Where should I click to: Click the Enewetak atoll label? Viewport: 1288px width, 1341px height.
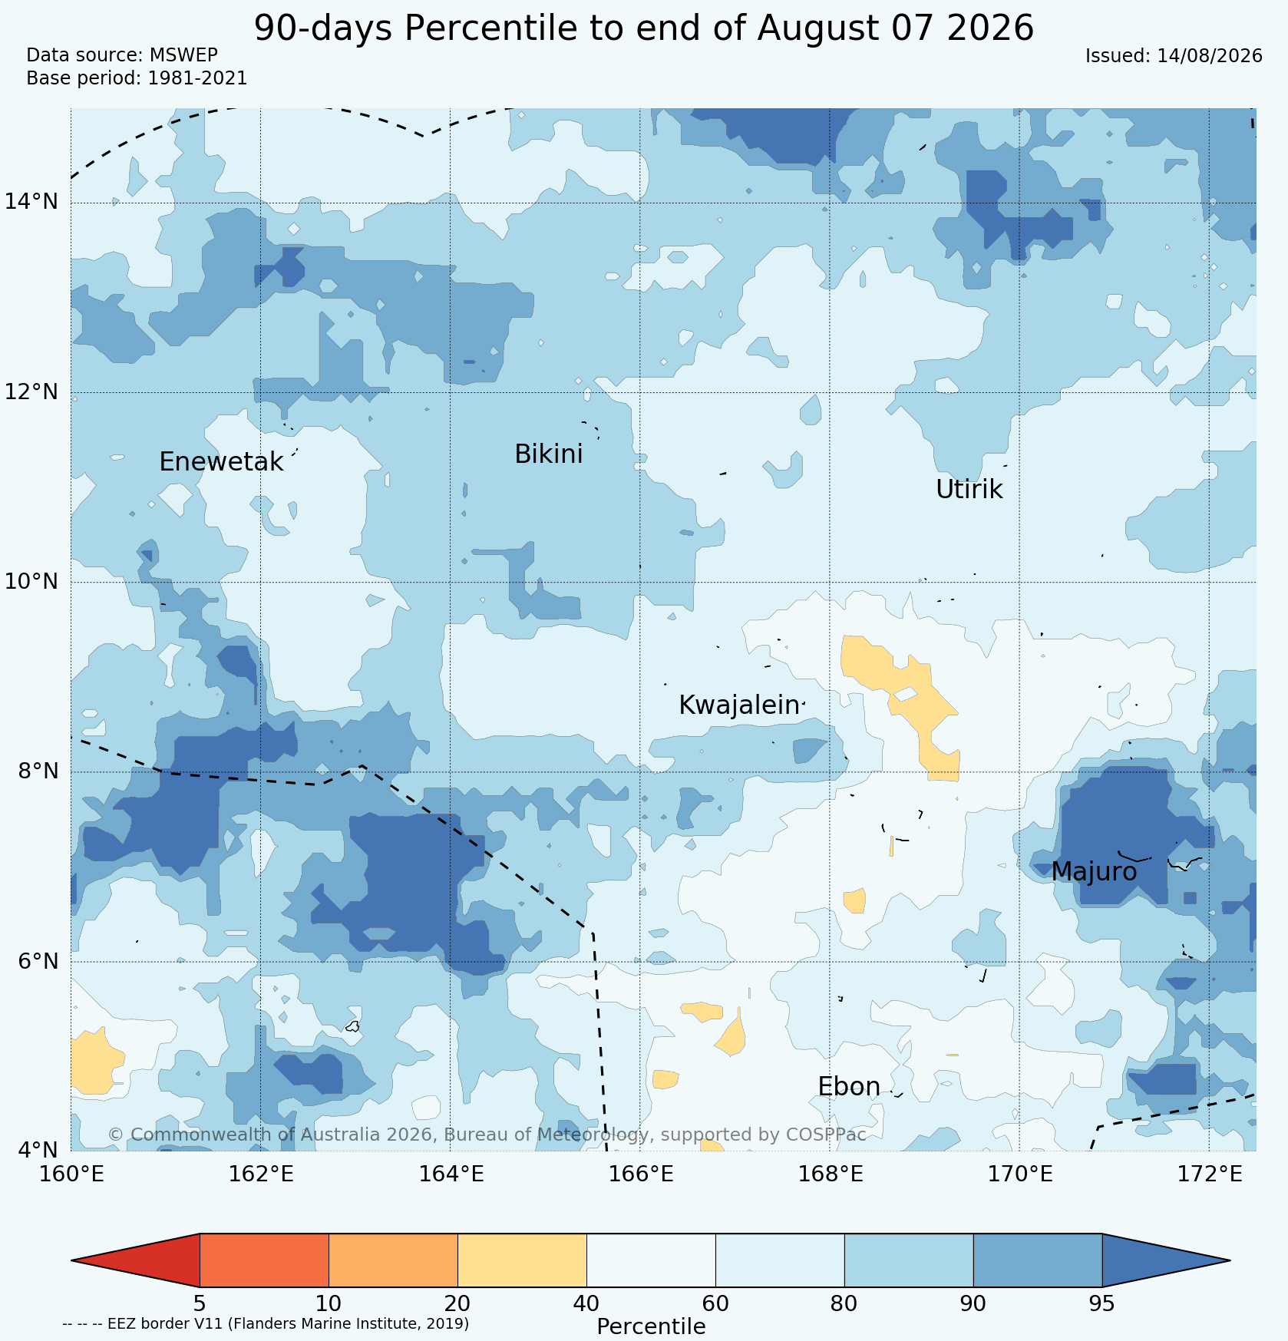[x=221, y=462]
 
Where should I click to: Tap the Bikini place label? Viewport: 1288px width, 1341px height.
[x=548, y=454]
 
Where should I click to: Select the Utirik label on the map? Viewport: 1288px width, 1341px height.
[x=969, y=489]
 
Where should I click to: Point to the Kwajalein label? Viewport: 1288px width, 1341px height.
[x=739, y=705]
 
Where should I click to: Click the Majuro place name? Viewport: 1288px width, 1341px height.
[x=1094, y=872]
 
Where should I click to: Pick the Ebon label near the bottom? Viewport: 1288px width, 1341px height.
[x=849, y=1087]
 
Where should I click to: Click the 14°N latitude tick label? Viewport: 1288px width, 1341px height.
[x=31, y=202]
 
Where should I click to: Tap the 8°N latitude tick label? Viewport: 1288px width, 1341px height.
[x=38, y=771]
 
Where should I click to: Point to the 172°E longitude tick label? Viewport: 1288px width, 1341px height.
[x=1209, y=1174]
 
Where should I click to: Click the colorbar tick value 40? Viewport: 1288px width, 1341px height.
[x=586, y=1304]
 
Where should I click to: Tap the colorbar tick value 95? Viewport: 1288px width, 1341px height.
[x=1102, y=1304]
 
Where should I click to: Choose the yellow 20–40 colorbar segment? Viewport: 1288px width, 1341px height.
[x=522, y=1260]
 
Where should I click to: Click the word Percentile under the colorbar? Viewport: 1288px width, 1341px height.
[x=651, y=1327]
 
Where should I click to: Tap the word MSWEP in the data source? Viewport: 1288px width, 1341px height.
[x=183, y=55]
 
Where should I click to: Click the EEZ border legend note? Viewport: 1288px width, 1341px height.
[x=266, y=1324]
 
